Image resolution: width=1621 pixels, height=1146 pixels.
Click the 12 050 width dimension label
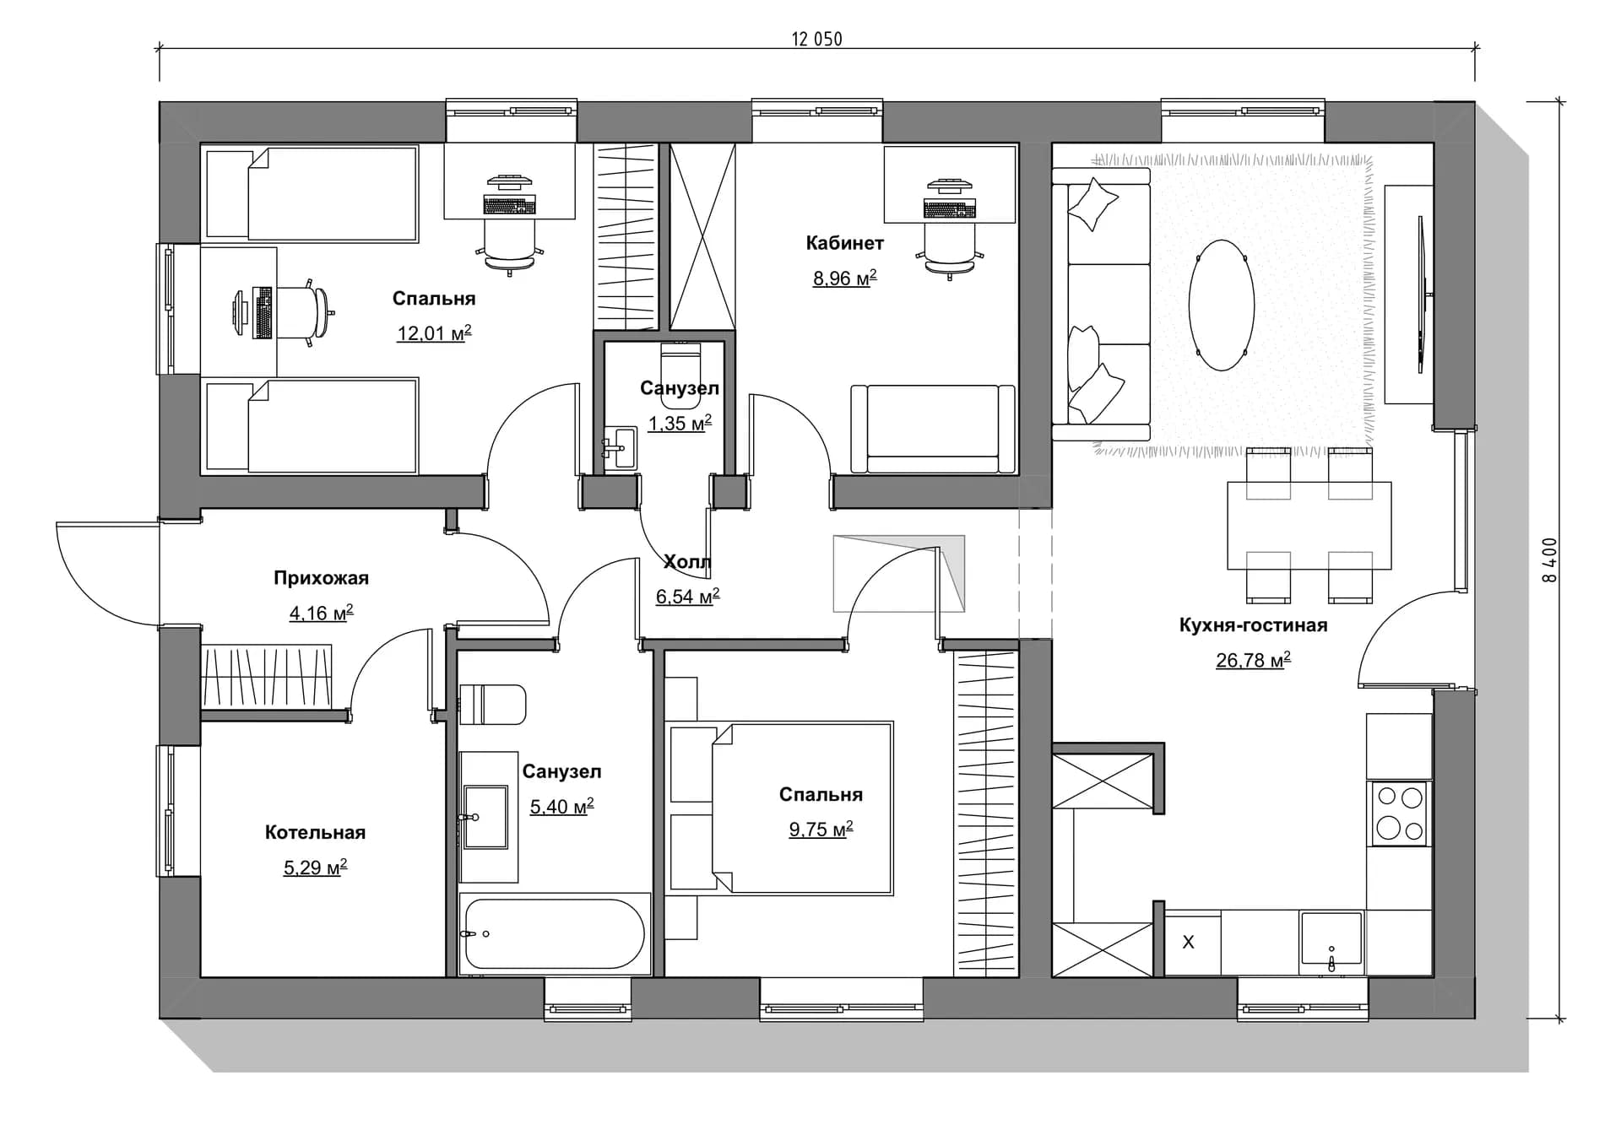[816, 39]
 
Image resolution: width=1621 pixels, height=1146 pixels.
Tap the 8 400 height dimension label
[1549, 560]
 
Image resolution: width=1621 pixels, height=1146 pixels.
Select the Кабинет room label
[844, 243]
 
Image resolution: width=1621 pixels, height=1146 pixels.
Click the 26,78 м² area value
[1253, 660]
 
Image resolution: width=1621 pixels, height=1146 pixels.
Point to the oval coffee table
[1221, 305]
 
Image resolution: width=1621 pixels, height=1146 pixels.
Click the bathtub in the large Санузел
[555, 933]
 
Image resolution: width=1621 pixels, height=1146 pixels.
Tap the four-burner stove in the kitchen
[1399, 813]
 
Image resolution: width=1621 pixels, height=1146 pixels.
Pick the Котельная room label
[315, 833]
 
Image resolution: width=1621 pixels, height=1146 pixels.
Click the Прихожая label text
[321, 578]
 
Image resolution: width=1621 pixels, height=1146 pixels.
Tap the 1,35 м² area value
[680, 423]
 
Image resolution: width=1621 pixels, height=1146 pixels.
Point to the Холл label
[687, 562]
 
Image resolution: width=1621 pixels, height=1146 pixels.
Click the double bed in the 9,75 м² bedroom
[779, 808]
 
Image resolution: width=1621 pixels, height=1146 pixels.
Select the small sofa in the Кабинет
[933, 429]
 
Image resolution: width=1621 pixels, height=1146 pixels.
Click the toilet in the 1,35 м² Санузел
[680, 374]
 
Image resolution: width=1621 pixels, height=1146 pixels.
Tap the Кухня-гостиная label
[1253, 625]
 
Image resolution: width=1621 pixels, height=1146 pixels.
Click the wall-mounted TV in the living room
[1421, 295]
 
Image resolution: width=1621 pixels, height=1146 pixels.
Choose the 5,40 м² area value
[561, 807]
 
